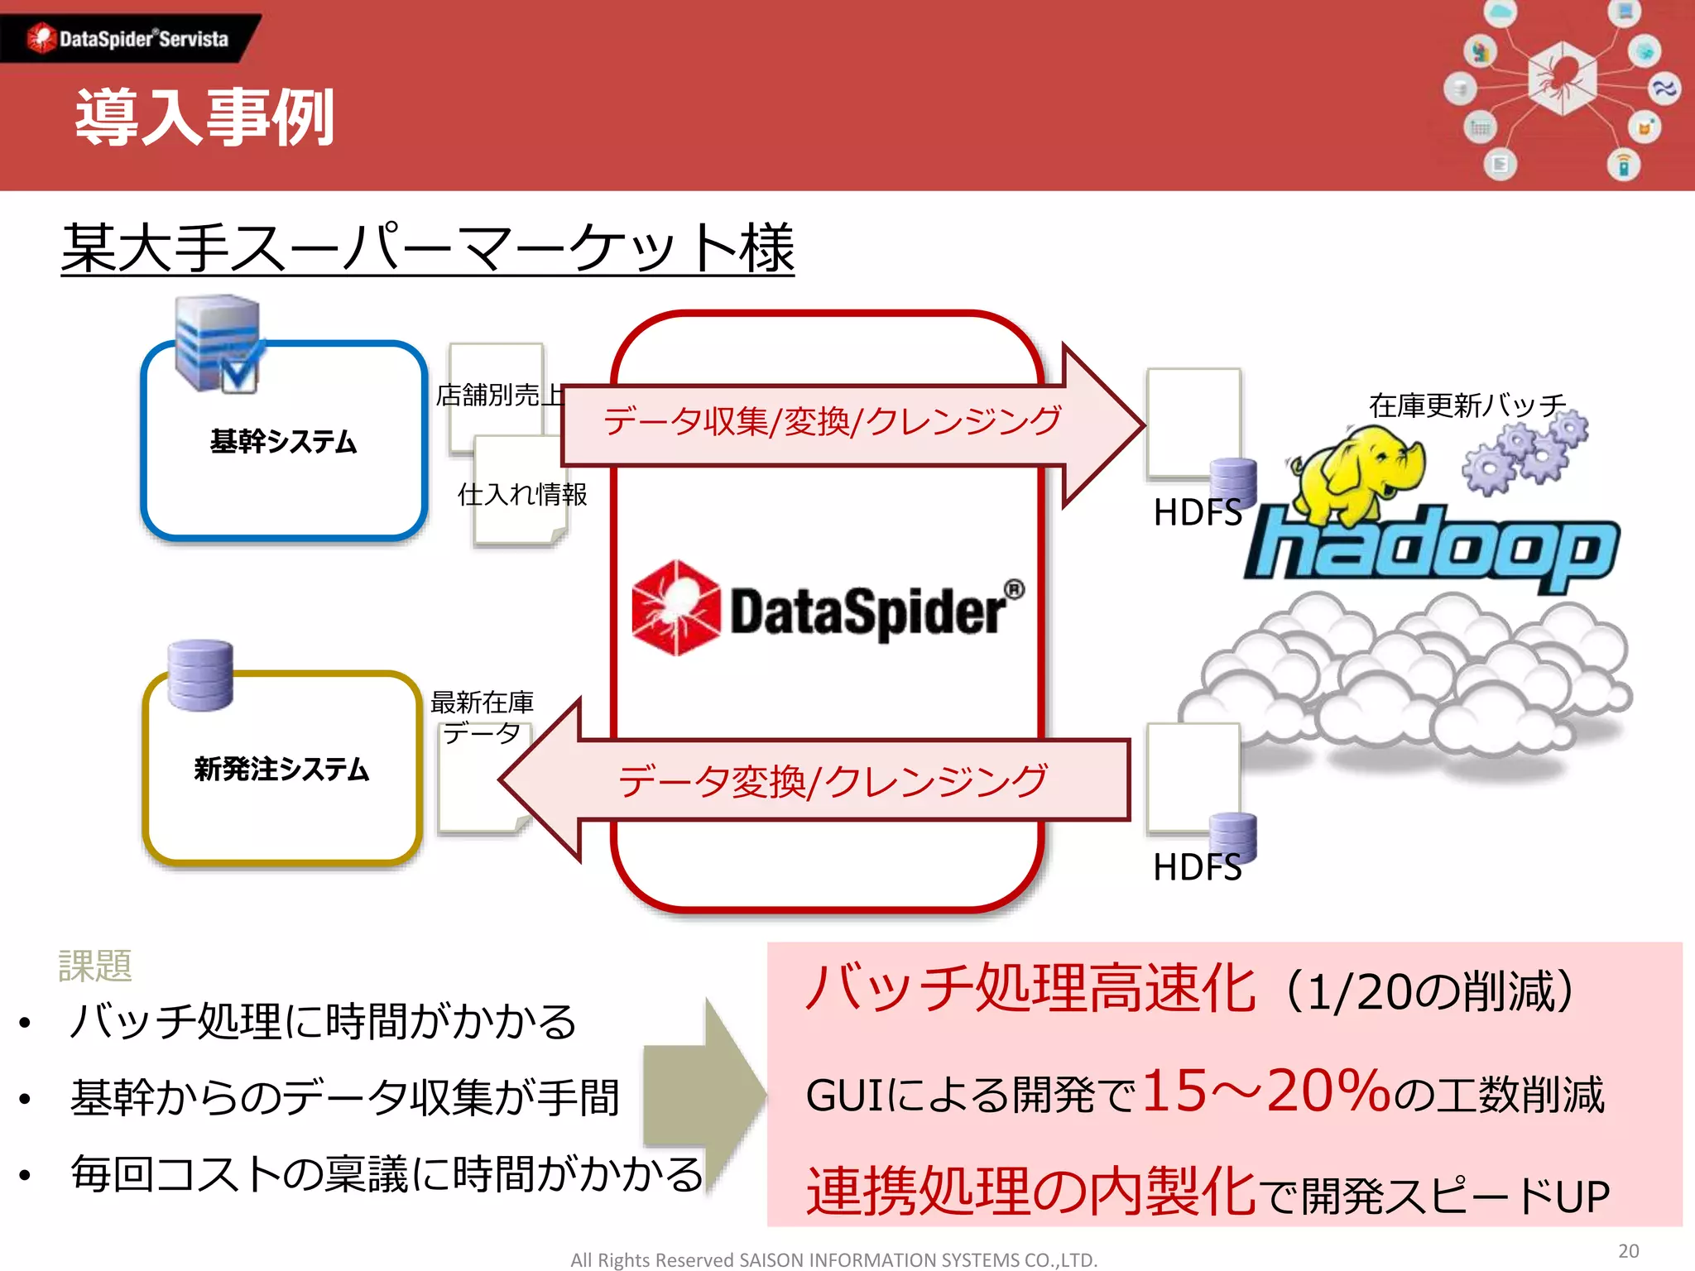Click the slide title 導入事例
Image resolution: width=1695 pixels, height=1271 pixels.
(x=204, y=118)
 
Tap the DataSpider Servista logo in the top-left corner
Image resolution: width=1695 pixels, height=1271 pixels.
(x=128, y=38)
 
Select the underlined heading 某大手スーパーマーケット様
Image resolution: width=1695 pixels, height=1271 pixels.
(x=427, y=248)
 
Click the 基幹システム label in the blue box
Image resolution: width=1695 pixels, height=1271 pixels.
(x=283, y=441)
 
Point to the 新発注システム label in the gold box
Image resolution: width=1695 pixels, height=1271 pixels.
(x=281, y=769)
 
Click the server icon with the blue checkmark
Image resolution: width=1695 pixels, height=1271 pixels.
(x=218, y=343)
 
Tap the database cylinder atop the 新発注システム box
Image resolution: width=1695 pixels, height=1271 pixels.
(x=200, y=674)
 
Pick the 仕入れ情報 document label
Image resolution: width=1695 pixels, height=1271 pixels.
(x=522, y=494)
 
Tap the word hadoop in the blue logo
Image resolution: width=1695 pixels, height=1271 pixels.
(x=1432, y=548)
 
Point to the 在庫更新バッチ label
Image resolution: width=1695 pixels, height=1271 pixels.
(x=1467, y=405)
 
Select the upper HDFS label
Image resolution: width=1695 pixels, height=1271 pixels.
(x=1197, y=512)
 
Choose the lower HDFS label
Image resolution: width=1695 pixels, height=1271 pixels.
(x=1197, y=867)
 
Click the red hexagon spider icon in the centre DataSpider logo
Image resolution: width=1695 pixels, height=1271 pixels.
(x=675, y=608)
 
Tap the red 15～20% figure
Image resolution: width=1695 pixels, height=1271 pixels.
(x=1266, y=1091)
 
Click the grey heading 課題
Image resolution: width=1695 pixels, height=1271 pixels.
(x=95, y=966)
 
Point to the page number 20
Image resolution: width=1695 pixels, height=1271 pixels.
(x=1628, y=1250)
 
